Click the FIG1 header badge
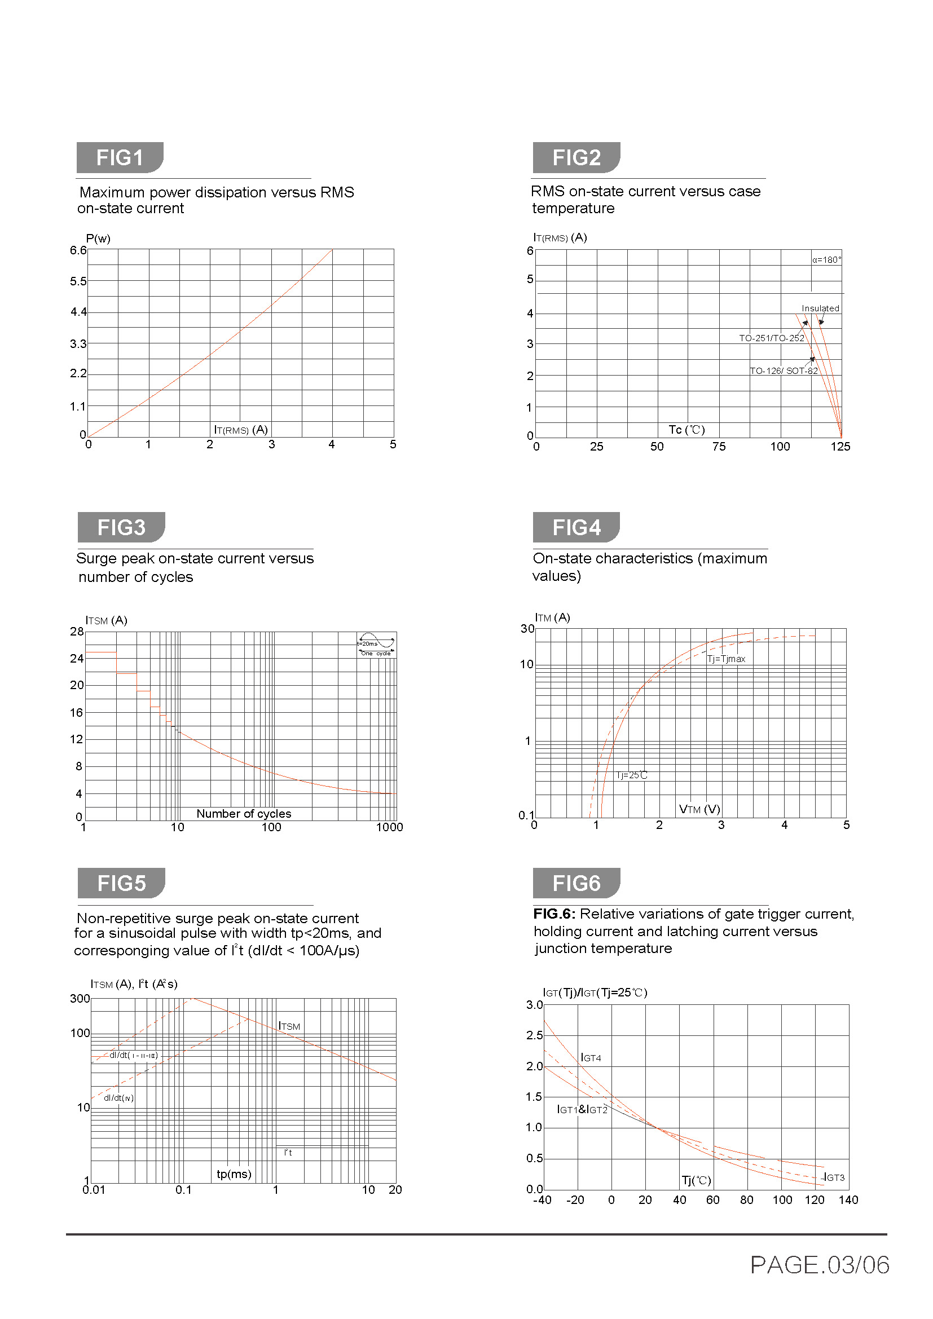point(120,157)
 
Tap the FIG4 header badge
point(576,527)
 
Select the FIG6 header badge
point(576,883)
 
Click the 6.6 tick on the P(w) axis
point(78,250)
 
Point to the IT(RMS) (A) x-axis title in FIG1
point(241,430)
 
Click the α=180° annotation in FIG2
point(826,259)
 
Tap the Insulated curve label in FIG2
point(820,308)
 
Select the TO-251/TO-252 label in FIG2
point(771,338)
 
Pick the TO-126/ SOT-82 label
point(783,371)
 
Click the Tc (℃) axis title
point(686,430)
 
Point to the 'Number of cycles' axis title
point(244,814)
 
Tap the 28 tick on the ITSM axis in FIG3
point(77,632)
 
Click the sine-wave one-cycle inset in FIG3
point(376,645)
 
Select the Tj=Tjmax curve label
point(725,659)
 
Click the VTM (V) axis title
point(699,809)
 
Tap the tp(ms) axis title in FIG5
point(234,1174)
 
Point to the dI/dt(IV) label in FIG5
point(118,1098)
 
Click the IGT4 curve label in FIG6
point(591,1057)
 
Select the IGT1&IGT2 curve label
point(582,1109)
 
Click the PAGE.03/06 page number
point(819,1265)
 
